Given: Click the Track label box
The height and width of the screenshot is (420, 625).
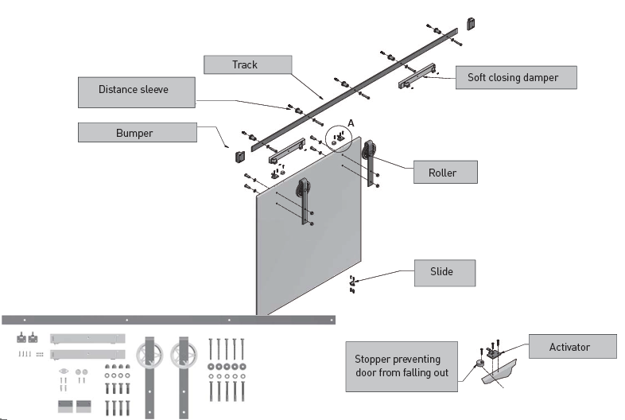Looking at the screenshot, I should point(244,64).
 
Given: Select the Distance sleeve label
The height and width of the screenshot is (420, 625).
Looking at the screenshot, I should point(134,91).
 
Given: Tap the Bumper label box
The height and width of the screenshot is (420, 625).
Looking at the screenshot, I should point(136,132).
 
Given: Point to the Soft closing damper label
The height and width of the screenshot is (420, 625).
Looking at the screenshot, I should point(515,77).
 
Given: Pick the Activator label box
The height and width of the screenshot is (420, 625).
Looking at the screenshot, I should point(570,347).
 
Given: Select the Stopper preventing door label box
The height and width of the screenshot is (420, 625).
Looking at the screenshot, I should point(402,366).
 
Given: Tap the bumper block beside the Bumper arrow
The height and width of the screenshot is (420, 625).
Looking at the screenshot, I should point(239,156).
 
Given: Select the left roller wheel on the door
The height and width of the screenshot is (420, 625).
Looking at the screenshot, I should point(303,190).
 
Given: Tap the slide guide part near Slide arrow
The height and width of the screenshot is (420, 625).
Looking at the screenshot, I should point(351,283).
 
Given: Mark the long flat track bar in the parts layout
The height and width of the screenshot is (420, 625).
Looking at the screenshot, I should point(168,320).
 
